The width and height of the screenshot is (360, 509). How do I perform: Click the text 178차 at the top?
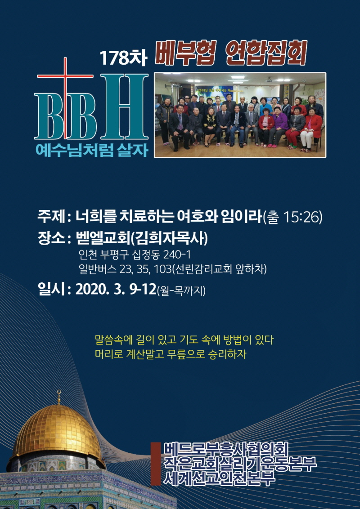123,58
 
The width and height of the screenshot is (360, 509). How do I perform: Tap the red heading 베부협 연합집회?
231,53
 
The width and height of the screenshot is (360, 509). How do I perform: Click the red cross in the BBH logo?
65,98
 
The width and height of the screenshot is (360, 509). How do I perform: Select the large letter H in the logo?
124,107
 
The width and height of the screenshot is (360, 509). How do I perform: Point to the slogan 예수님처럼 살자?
92,150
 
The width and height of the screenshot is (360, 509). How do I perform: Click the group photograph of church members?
240,115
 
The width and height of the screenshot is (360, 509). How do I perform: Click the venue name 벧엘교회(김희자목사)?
142,239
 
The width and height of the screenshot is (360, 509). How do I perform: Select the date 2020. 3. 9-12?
116,289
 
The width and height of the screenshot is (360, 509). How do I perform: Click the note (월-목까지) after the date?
181,290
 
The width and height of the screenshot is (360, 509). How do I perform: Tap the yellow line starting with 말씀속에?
184,340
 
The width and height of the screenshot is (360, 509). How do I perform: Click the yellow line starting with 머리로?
171,354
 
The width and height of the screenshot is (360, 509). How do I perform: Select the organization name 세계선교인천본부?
219,478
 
